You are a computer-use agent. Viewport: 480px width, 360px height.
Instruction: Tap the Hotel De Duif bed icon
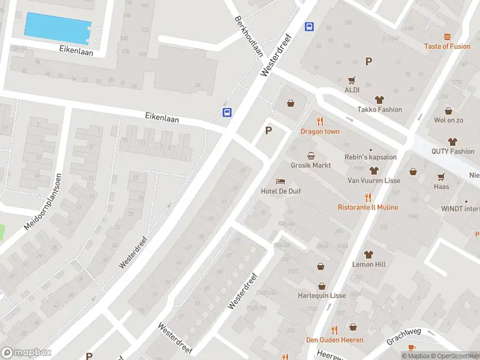click(280, 181)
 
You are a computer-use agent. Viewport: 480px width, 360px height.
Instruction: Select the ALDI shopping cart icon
click(352, 80)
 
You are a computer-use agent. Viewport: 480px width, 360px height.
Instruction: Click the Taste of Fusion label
click(447, 46)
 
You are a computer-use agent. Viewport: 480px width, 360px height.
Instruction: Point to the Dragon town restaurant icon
click(320, 121)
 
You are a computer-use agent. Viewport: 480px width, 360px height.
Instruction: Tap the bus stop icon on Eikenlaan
click(227, 113)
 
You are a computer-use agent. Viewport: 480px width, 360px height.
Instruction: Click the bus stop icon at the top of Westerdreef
click(310, 26)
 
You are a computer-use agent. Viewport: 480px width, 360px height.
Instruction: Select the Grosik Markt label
click(311, 165)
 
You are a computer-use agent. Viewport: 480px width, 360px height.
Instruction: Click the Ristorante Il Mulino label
click(368, 208)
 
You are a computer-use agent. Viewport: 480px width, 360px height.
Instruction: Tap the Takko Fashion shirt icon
click(379, 100)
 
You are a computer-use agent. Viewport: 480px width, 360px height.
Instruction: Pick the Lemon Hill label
click(369, 264)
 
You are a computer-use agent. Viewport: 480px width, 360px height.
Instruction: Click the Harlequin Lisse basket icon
click(322, 286)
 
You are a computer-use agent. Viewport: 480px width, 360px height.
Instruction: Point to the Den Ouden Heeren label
click(334, 340)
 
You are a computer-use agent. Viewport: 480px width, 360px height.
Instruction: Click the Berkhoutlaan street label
click(249, 37)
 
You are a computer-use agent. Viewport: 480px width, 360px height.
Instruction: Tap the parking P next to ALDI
click(368, 61)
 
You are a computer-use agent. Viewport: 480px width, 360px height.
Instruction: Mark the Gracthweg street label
click(404, 332)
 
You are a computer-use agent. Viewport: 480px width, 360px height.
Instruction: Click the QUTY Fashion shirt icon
click(452, 142)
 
